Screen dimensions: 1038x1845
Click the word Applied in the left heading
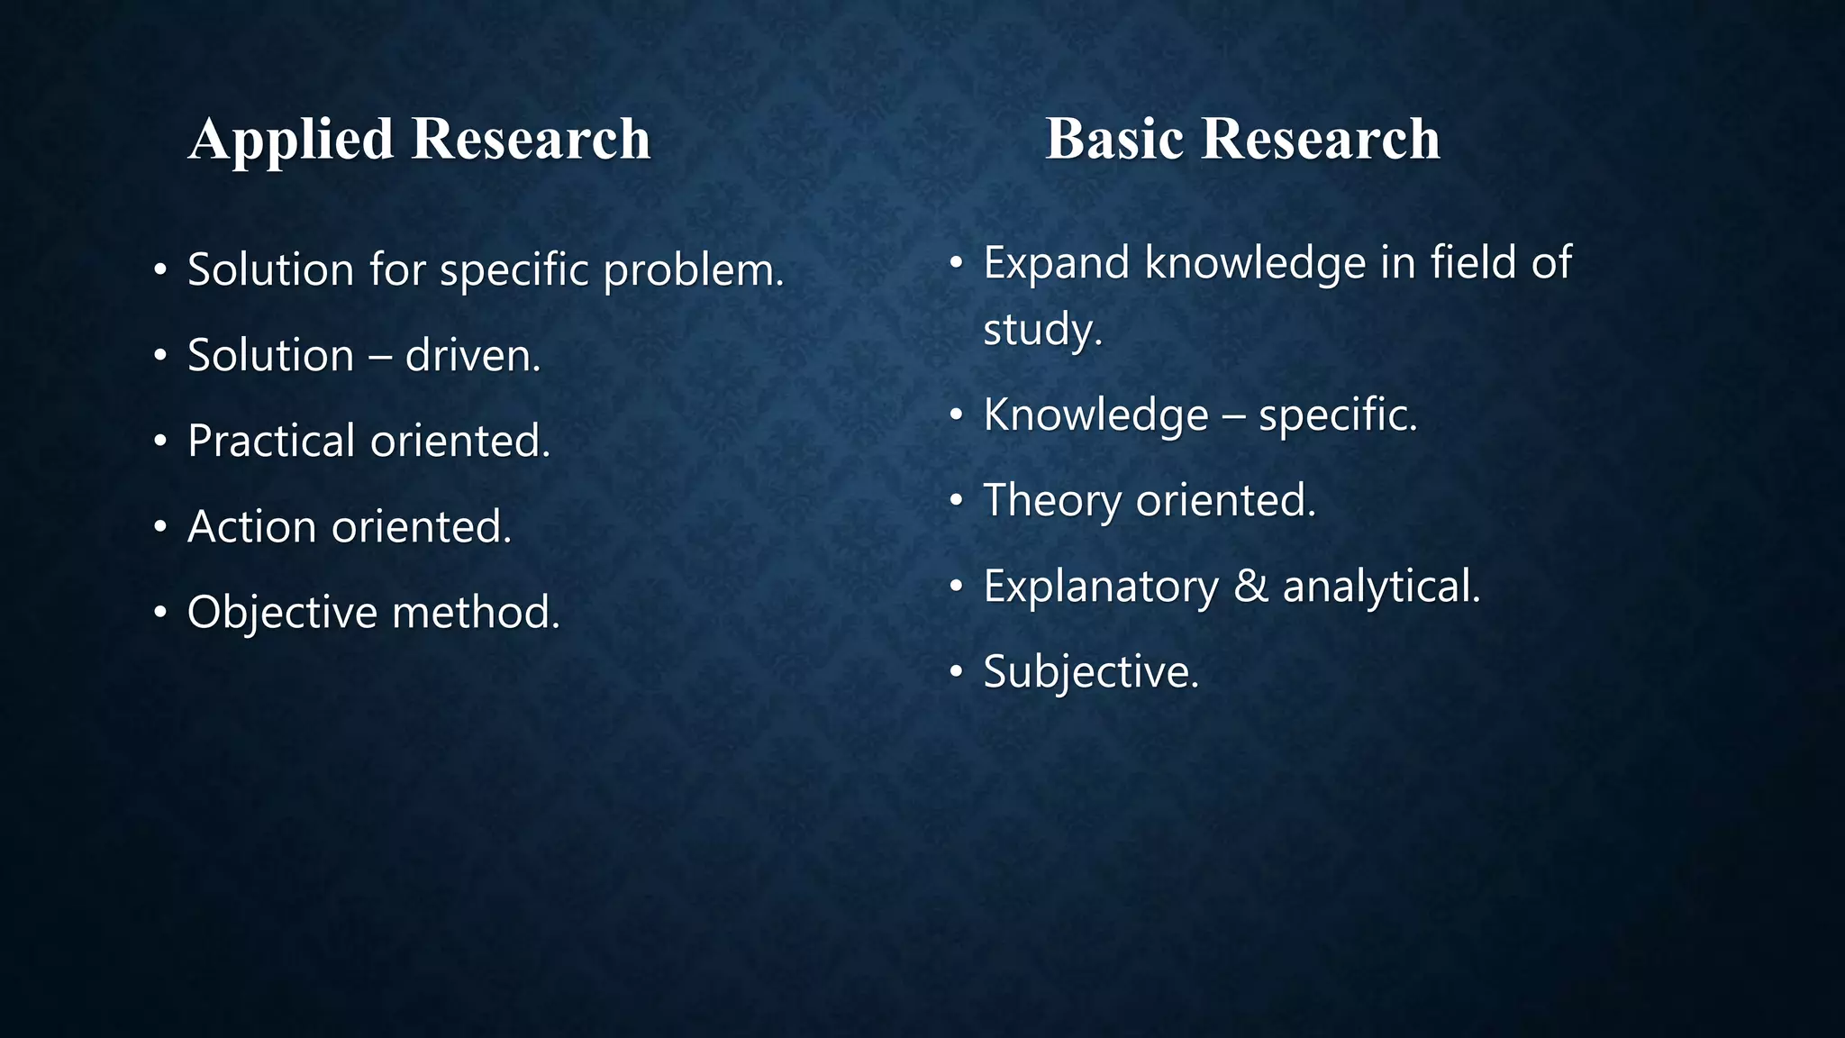pos(291,140)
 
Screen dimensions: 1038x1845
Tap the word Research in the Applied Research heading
pos(531,140)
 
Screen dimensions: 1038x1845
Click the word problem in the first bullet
pos(694,270)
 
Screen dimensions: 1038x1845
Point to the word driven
pos(473,356)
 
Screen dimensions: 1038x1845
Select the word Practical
pos(271,442)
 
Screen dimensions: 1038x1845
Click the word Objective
pos(282,614)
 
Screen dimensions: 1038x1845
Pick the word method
pos(476,614)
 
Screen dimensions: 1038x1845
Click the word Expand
pos(1056,264)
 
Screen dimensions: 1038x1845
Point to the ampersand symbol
pos(1250,587)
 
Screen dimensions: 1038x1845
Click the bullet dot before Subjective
pos(957,671)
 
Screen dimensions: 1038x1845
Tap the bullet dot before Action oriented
pos(160,526)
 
